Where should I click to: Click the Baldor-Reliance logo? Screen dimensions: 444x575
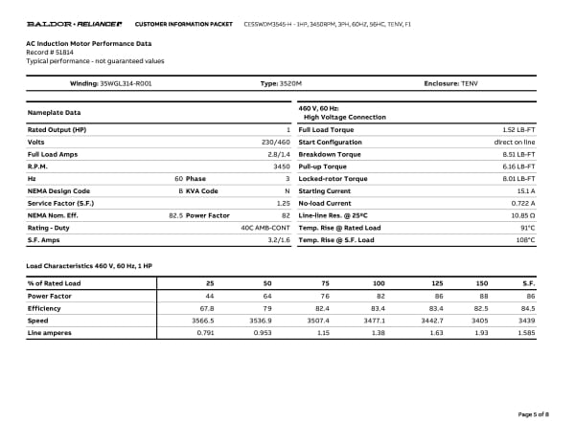point(75,22)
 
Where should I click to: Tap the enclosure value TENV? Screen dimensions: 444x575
point(469,84)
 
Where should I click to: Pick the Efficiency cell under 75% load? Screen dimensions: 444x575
point(323,308)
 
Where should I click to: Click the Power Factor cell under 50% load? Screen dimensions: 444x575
point(268,296)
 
